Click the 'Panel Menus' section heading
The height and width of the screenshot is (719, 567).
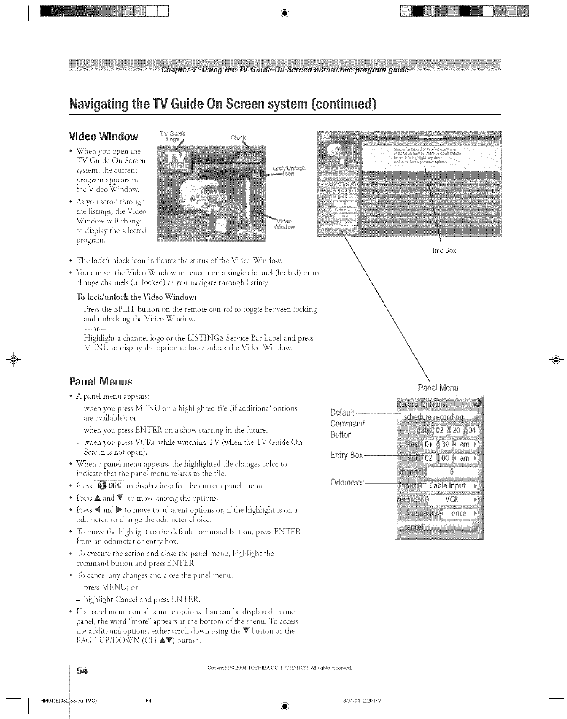(101, 381)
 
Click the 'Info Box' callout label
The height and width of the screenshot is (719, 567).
(444, 250)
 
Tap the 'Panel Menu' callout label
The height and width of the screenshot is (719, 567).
(438, 388)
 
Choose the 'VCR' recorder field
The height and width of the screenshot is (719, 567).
(452, 499)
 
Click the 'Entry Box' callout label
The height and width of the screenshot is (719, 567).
(346, 455)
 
